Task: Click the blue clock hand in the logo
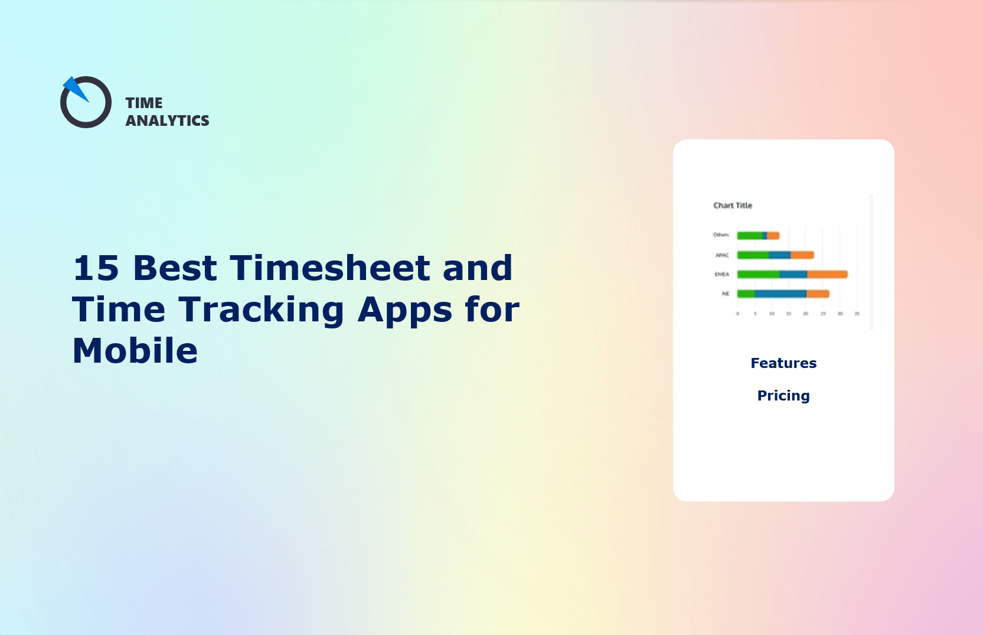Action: tap(75, 89)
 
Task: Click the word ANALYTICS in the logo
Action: tap(167, 121)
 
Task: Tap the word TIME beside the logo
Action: tap(144, 103)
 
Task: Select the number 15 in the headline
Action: tap(96, 268)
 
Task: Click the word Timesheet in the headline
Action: tap(329, 268)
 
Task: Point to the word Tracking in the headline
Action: tap(261, 310)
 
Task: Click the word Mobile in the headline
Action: tap(135, 351)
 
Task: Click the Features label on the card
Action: tap(783, 363)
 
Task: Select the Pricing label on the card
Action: tap(783, 396)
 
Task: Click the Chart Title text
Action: tap(733, 206)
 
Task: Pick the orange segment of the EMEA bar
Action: tap(827, 274)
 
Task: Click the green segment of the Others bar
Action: tap(750, 236)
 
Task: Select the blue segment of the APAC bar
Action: tap(779, 255)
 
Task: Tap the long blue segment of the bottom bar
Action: tap(780, 294)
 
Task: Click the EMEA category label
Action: tap(721, 274)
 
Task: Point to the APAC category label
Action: tap(722, 255)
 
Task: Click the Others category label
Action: tap(721, 235)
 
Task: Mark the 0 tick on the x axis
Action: tap(737, 314)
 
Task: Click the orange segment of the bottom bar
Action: tap(818, 294)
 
